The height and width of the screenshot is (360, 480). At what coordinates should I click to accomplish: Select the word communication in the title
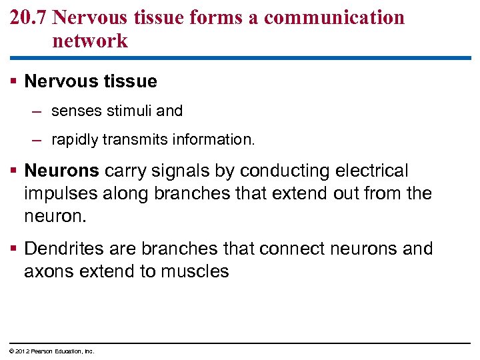334,17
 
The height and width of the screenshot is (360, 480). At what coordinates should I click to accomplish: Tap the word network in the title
90,41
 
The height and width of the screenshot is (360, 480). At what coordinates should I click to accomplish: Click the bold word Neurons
61,171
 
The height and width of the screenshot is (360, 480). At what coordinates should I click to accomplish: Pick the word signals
182,171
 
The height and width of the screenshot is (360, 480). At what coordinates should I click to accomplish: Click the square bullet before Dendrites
14,249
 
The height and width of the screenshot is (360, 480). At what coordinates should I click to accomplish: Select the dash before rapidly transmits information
39,141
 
